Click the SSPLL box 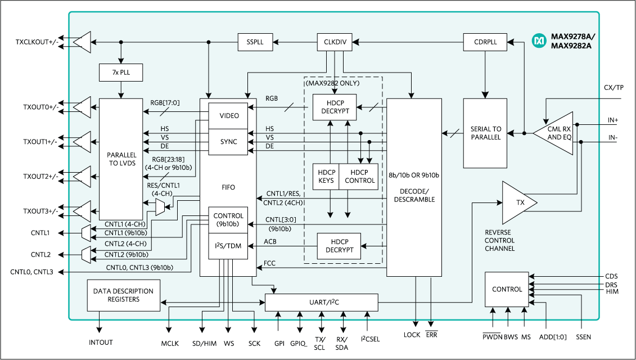coord(255,42)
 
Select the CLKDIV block coord(335,42)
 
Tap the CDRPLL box coord(485,42)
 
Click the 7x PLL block coord(121,73)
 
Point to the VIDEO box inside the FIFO coord(228,116)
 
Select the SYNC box coord(228,142)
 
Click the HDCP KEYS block coord(326,177)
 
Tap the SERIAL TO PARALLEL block coord(485,133)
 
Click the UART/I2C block coord(322,303)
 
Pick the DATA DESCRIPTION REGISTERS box coord(123,295)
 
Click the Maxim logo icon coord(539,40)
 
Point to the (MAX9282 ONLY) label coord(332,83)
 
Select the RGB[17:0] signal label coord(165,103)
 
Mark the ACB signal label coord(270,242)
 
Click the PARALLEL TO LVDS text coord(121,159)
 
